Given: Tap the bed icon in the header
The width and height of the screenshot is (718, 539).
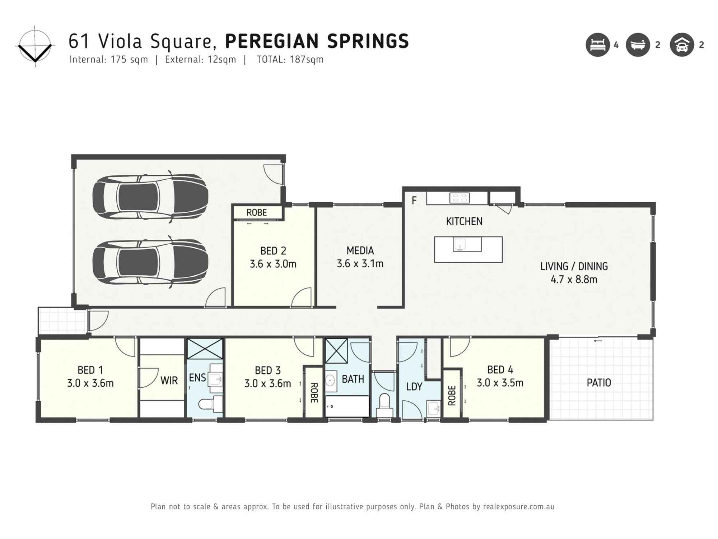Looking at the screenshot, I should point(598,45).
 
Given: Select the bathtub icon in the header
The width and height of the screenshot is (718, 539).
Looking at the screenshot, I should point(638,45).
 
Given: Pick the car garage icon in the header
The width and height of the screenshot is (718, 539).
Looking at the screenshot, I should point(682,45).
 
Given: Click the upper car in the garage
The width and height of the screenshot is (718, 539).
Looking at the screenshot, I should point(150,197).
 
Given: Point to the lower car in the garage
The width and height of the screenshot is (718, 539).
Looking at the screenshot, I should point(150,262).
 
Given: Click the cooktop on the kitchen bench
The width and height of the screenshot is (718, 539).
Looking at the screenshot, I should point(460,198).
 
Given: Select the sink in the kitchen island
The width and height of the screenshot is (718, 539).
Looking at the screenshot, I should point(460,244).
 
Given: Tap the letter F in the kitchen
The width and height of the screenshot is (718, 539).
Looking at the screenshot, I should point(414,201).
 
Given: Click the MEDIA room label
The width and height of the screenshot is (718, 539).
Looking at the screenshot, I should point(360,250).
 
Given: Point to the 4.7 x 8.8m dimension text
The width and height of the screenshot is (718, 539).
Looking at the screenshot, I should point(574,280).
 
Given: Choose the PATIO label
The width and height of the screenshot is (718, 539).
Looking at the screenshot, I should point(599,383).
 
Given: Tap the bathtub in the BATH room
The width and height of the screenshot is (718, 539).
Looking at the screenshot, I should point(347,406).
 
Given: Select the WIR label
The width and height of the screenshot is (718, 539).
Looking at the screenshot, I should point(169,381).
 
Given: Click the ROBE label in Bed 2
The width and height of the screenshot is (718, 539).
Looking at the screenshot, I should point(257,212).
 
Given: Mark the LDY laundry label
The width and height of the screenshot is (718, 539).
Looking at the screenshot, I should point(414,387).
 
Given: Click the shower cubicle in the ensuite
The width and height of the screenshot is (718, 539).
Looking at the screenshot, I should point(205,349).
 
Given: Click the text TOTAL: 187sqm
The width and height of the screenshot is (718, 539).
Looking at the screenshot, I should point(290,60).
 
